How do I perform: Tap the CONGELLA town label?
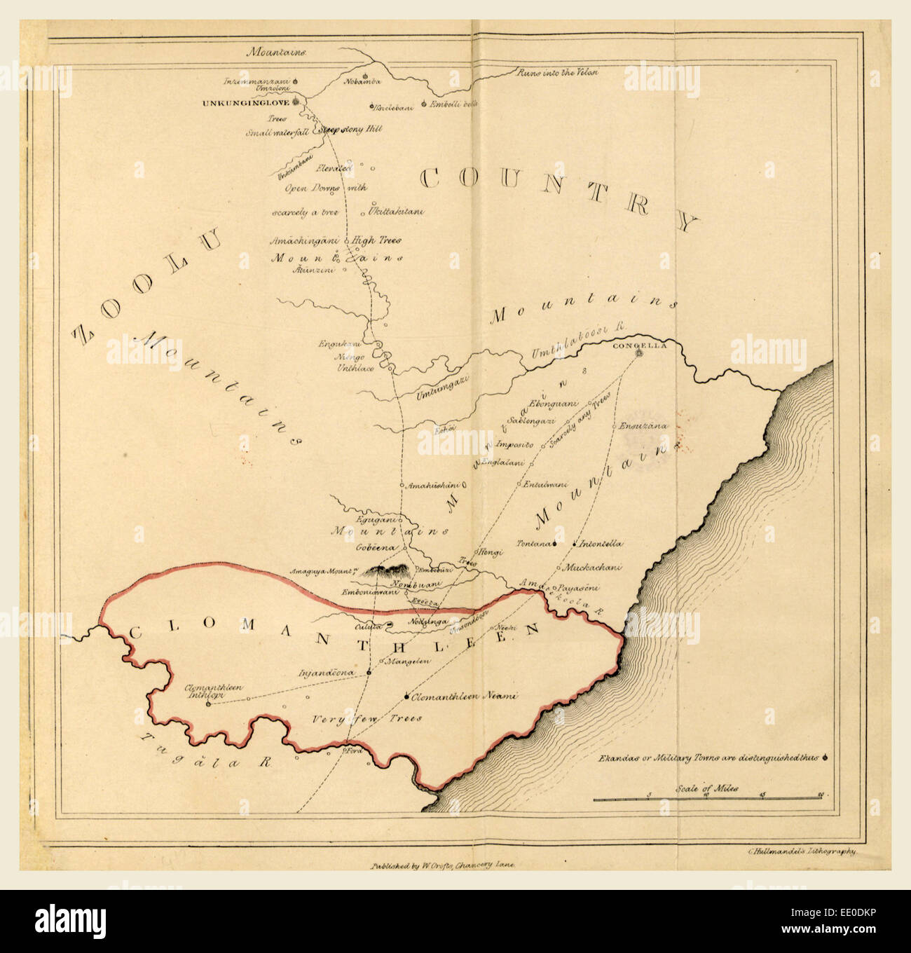tap(636, 345)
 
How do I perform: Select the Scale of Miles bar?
tap(708, 797)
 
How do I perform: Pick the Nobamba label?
tap(362, 82)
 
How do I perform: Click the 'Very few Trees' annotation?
tap(367, 718)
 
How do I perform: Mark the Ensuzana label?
tap(643, 425)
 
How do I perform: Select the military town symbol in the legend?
tap(827, 757)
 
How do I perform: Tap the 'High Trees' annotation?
tap(377, 240)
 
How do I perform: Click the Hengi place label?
tap(491, 552)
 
